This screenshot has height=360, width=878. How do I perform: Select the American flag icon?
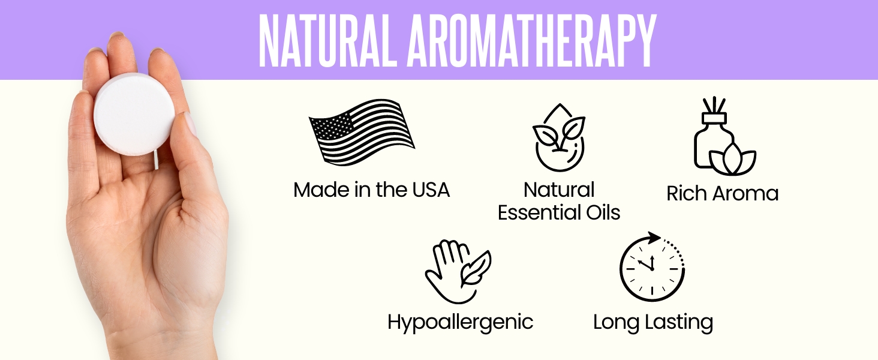(x=362, y=133)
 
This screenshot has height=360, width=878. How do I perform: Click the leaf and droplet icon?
(x=559, y=137)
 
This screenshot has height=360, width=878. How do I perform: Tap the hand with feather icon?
(x=458, y=271)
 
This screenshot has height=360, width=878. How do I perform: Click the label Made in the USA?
(x=371, y=190)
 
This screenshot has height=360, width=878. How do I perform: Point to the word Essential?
(x=537, y=212)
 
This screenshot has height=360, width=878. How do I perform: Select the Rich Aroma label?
(x=722, y=193)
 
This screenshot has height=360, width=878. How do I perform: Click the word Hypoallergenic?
(x=460, y=322)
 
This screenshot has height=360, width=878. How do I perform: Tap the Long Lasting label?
(x=653, y=322)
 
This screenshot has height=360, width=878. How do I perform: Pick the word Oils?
(x=602, y=212)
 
